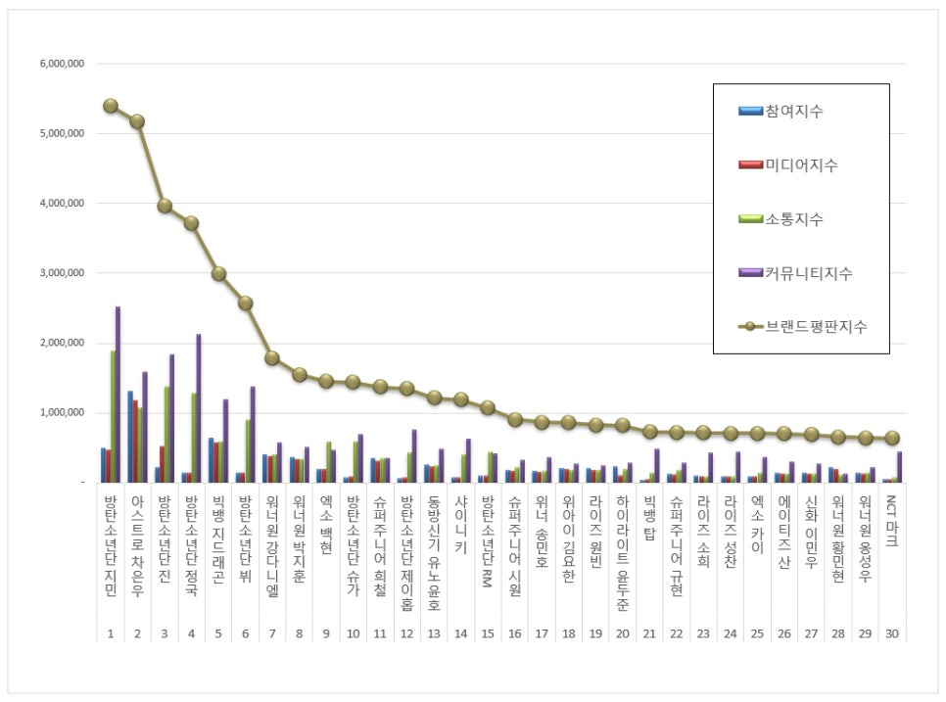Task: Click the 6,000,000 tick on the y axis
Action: tap(61, 64)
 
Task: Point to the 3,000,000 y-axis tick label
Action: tap(61, 273)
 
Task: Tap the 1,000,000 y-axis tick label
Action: tap(61, 413)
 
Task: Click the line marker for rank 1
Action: tap(111, 106)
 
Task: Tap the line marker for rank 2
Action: tap(137, 121)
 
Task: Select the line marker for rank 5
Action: tap(218, 274)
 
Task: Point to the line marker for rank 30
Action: tap(891, 439)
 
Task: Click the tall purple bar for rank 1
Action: tap(118, 394)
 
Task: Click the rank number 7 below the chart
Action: tap(272, 633)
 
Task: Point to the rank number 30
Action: tap(891, 633)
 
